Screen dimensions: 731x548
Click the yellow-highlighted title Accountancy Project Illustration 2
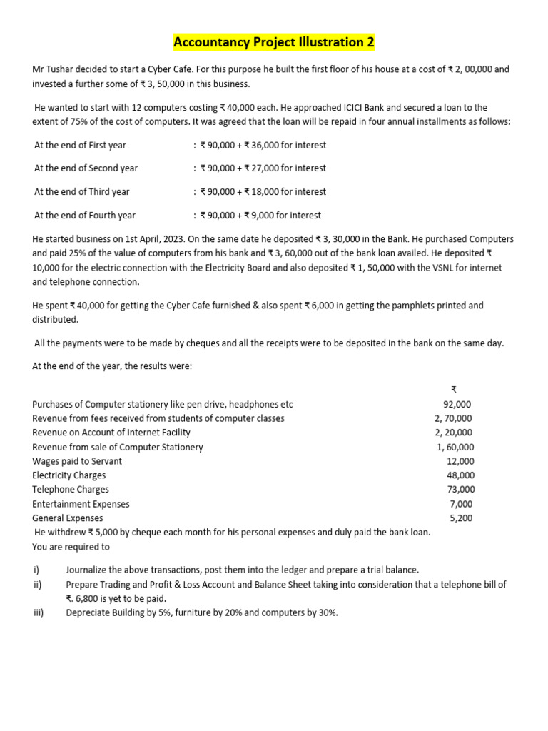pos(274,43)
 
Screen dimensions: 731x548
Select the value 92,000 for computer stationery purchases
pos(457,404)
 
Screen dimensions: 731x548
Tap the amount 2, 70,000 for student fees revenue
pos(454,418)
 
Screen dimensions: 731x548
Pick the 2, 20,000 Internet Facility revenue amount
pos(454,433)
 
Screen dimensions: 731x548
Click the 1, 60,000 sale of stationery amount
pos(455,447)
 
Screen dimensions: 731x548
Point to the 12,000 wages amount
pos(460,461)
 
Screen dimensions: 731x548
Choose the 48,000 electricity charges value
pos(460,475)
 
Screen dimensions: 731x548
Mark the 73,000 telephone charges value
pos(460,490)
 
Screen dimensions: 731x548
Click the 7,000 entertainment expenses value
pos(462,504)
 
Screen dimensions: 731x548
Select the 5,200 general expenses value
pos(462,518)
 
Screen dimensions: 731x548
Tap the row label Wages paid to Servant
pos(77,461)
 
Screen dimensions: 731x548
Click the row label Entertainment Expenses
pos(81,504)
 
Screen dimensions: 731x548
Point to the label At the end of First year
pos(80,145)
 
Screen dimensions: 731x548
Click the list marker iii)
pos(39,612)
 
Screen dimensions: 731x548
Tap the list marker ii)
pos(37,584)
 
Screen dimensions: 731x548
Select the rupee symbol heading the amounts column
pos(454,389)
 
